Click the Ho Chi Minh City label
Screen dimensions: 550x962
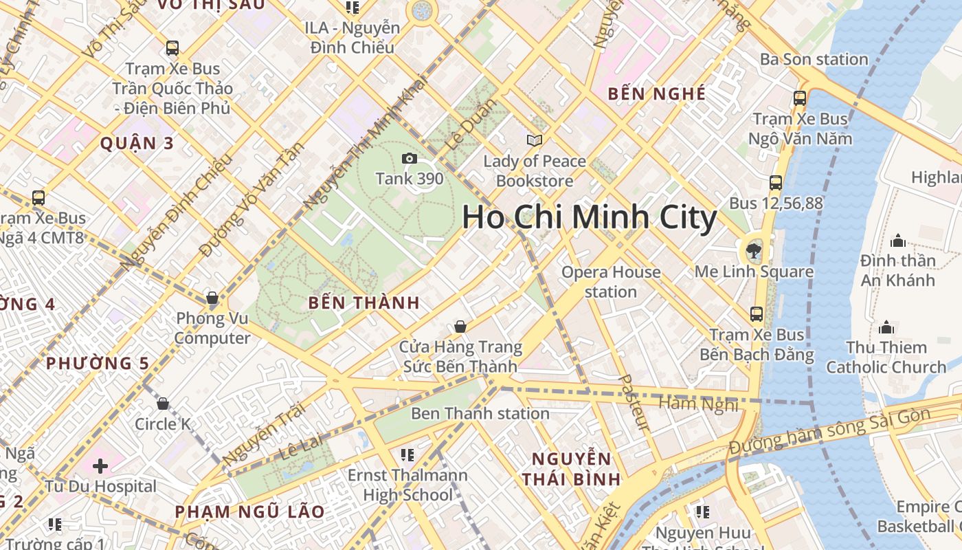(590, 218)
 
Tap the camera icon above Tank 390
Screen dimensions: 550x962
(410, 159)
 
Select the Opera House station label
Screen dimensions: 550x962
(611, 282)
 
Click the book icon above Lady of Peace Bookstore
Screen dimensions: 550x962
(534, 140)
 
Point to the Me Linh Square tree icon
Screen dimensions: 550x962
(754, 250)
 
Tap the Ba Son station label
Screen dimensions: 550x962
(814, 59)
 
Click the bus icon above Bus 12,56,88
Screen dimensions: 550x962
(776, 183)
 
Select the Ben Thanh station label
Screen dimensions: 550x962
(480, 413)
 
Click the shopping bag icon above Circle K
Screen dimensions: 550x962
(163, 404)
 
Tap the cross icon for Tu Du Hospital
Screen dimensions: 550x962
(100, 466)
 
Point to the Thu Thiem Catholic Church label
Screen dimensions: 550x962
(886, 357)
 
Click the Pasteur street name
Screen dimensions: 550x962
(634, 403)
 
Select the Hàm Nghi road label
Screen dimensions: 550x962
(698, 404)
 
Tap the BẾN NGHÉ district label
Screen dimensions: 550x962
(657, 94)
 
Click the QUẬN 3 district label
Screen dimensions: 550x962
(137, 144)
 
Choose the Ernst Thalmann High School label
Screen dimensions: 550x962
(407, 485)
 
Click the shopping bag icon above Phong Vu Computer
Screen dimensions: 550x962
(212, 298)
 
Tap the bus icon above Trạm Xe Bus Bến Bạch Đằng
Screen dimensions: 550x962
(757, 314)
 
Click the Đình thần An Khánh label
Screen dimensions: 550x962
(897, 270)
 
